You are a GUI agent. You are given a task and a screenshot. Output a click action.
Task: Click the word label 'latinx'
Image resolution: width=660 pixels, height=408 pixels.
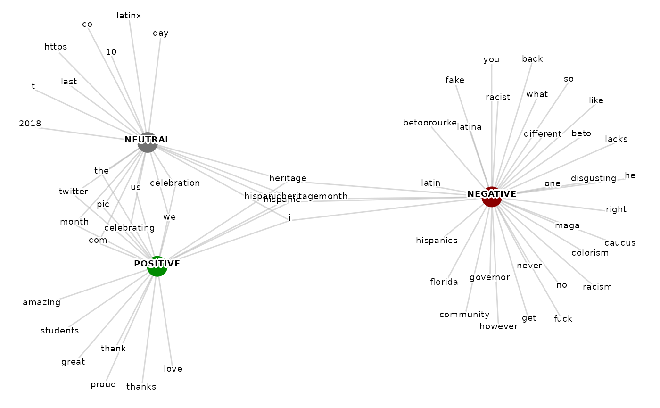129,16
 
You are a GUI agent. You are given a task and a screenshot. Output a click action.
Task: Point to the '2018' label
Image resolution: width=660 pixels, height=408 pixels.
30,124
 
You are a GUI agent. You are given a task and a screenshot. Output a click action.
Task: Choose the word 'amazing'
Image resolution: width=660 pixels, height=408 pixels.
41,302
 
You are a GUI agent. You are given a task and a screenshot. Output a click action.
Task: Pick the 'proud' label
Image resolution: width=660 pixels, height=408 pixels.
103,384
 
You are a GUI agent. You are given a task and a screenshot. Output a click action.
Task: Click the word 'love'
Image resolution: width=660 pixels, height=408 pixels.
173,369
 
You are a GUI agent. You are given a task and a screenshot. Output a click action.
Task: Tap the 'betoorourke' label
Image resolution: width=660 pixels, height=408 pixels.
429,123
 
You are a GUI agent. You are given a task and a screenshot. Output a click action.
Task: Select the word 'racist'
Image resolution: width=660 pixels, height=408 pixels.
498,97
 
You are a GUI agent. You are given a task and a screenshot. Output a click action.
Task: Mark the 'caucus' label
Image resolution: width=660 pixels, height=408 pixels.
620,243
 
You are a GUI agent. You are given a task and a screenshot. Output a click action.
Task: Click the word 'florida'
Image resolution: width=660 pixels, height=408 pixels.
444,282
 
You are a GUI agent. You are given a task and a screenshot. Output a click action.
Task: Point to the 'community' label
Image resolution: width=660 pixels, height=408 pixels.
464,315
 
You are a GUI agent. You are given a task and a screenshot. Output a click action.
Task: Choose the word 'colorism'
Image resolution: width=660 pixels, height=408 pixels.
590,253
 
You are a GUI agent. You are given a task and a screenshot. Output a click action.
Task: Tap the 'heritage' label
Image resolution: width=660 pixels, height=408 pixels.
288,178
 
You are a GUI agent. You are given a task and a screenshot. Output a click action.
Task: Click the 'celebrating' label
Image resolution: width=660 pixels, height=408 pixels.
129,228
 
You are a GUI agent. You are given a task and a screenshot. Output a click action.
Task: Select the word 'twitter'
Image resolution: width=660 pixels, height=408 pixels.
74,191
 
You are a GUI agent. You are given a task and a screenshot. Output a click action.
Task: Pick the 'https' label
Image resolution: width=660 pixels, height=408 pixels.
56,46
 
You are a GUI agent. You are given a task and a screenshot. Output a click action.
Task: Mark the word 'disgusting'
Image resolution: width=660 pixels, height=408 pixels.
593,178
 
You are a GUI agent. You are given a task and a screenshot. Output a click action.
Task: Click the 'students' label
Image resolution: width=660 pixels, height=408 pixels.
59,330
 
